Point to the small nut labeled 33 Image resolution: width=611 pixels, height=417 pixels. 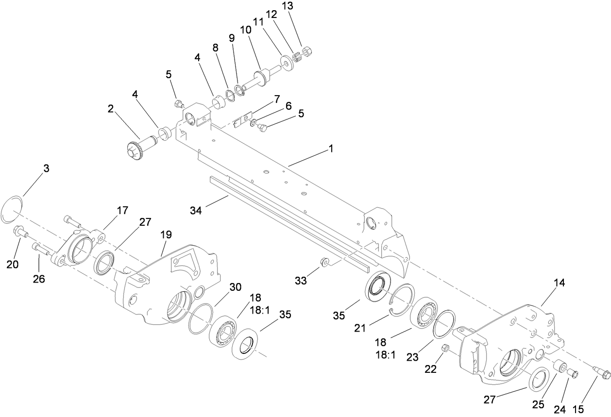[x=323, y=263]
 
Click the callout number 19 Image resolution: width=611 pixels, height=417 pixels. [x=166, y=234]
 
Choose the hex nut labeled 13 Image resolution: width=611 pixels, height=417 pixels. [x=307, y=50]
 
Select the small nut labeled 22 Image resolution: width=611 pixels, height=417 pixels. [x=444, y=348]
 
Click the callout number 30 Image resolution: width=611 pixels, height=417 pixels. [x=235, y=287]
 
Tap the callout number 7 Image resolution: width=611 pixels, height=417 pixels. [x=277, y=100]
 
